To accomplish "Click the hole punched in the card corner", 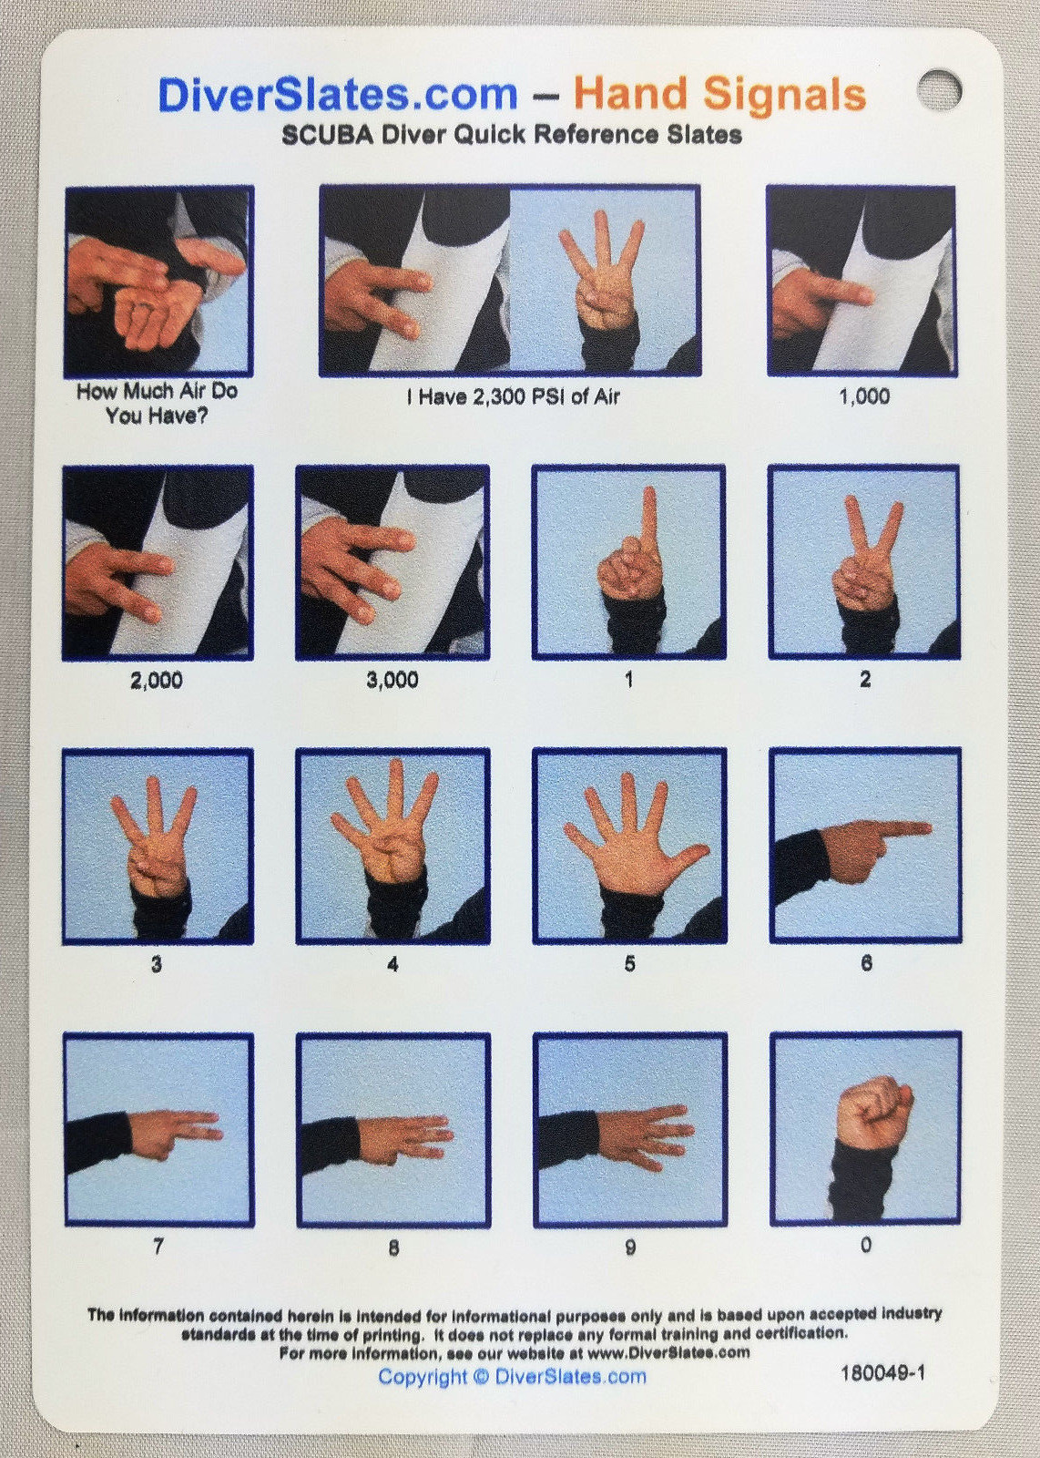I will pos(939,89).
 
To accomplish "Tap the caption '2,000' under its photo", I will pos(157,680).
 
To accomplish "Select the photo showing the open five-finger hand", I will pos(629,847).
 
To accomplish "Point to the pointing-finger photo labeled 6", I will pos(865,847).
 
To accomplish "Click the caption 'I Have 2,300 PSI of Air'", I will pos(513,396).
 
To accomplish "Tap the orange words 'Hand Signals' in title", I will pos(719,94).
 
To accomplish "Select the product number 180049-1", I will pos(882,1372).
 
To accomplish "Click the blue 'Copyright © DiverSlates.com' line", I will pos(512,1376).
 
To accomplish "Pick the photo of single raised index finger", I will pos(629,562).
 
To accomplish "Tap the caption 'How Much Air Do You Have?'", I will pos(157,403).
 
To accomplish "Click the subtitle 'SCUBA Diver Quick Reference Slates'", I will pos(511,135).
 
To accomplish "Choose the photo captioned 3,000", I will pos(393,562).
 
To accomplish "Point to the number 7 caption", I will pos(158,1246).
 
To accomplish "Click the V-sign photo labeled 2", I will pos(863,562).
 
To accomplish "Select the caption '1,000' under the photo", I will pos(863,396).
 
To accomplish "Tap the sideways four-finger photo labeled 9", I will pos(629,1130).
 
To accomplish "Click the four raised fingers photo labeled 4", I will pos(393,847).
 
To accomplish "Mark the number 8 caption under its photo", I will pos(393,1248).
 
